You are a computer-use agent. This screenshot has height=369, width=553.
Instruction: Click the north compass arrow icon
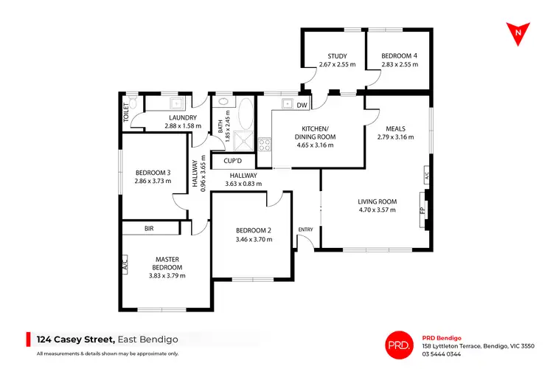pos(520,32)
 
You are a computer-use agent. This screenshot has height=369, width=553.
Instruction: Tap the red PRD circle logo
pos(399,342)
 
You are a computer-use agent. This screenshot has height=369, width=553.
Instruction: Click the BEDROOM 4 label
pos(399,56)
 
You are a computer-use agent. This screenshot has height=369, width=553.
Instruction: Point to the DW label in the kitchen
pos(301,106)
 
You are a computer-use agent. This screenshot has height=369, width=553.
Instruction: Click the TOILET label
pos(126,112)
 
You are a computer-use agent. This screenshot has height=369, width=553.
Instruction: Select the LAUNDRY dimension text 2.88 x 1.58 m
pos(182,126)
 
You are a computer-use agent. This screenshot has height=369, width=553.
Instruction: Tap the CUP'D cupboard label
pos(233,160)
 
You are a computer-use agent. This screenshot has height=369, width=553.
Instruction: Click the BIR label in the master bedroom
pos(150,230)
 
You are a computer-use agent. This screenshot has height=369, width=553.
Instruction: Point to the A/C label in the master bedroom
pos(125,263)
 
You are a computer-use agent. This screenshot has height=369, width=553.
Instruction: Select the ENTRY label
pos(305,230)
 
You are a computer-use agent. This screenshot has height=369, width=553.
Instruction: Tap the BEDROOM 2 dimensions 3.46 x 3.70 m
pos(254,239)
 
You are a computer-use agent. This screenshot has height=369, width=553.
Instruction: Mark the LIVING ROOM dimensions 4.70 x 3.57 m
pos(378,210)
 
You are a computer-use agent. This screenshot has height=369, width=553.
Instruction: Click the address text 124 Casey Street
pos(76,339)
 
